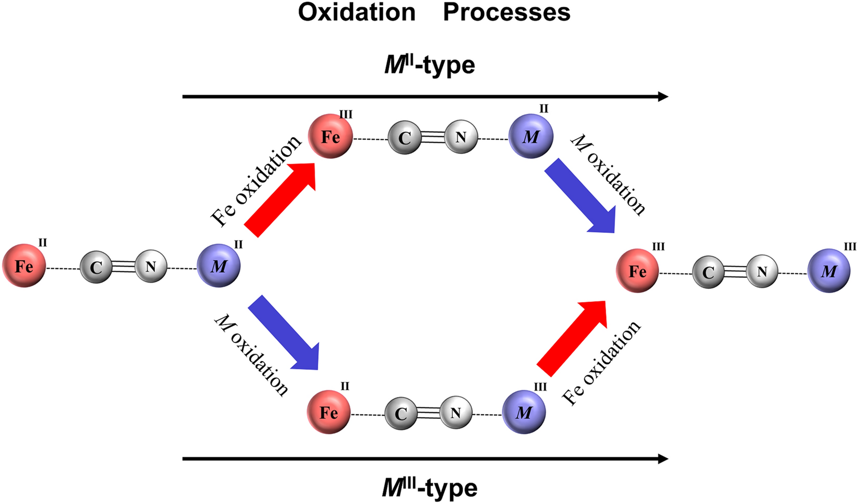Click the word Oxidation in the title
pyautogui.click(x=357, y=12)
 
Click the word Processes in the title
pyautogui.click(x=506, y=12)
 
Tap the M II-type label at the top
pyautogui.click(x=430, y=65)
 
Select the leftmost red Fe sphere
pyautogui.click(x=24, y=266)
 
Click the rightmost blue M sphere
pyautogui.click(x=829, y=270)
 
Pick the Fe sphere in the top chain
pyautogui.click(x=330, y=136)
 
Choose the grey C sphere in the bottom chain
pyautogui.click(x=400, y=414)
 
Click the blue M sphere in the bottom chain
pyautogui.click(x=524, y=412)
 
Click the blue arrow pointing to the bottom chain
pyautogui.click(x=284, y=333)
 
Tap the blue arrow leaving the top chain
pyautogui.click(x=580, y=195)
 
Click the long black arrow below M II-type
pyautogui.click(x=425, y=96)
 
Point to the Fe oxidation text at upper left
pyautogui.click(x=256, y=181)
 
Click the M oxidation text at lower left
pyautogui.click(x=251, y=355)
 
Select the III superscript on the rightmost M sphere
pyautogui.click(x=850, y=247)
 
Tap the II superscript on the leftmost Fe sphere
pyautogui.click(x=43, y=242)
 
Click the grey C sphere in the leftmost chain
pyautogui.click(x=96, y=267)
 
